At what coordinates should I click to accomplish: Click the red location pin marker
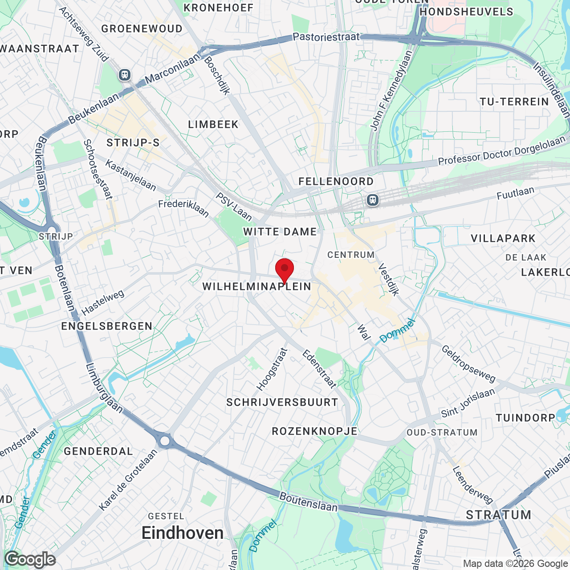tap(285, 269)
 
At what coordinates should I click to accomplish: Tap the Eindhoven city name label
tap(183, 533)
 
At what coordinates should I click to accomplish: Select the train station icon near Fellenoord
tap(373, 200)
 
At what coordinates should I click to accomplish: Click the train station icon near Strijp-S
tap(125, 75)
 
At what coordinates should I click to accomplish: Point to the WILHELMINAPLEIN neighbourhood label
tap(257, 286)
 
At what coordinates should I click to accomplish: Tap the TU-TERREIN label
tap(514, 102)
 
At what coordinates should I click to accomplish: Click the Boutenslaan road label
tap(309, 502)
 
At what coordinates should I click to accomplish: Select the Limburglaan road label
tap(104, 388)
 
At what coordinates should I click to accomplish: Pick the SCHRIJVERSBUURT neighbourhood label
tap(282, 403)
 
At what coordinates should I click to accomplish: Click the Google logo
tap(30, 559)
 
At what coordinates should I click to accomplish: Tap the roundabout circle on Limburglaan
tap(165, 441)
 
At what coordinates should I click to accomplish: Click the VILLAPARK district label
tap(503, 238)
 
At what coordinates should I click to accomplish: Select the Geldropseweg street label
tap(468, 364)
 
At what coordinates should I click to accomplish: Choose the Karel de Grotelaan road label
tap(128, 480)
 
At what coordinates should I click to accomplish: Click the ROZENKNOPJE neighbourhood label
tap(315, 431)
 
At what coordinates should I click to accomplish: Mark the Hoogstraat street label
tap(272, 369)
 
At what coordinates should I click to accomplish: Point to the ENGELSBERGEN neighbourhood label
tap(107, 326)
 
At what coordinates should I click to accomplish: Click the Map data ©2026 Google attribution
tap(516, 564)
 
